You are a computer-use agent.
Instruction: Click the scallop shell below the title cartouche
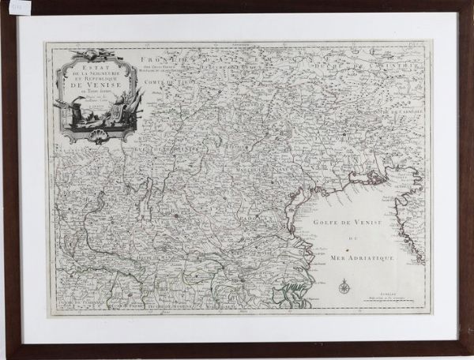(x=97, y=136)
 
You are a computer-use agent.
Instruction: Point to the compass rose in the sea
(x=344, y=287)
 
